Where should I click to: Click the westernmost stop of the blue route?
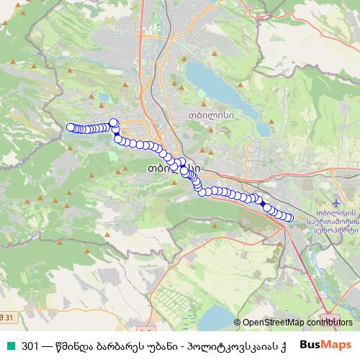[x=71, y=127]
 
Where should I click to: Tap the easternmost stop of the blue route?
[x=290, y=217]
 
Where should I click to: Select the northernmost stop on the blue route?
[x=113, y=122]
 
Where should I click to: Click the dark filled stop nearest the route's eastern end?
[x=266, y=207]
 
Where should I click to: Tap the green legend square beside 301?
[x=9, y=344]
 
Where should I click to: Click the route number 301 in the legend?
[x=31, y=344]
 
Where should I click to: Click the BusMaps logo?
[x=325, y=344]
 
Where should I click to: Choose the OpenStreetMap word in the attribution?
[x=271, y=323]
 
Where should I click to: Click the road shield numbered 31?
[x=7, y=317]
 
